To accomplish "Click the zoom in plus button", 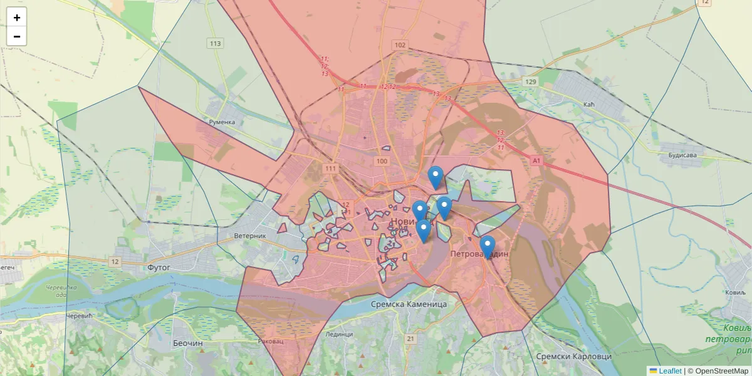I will (x=17, y=18).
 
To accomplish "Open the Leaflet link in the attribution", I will (x=670, y=371).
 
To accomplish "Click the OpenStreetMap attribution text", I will (x=722, y=371).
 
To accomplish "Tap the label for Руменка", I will (x=221, y=122).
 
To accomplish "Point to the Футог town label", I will (x=159, y=267).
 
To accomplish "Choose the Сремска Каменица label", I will (x=409, y=304).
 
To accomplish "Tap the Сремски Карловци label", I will (x=573, y=356).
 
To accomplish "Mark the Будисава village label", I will (x=682, y=155).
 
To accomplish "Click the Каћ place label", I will (x=588, y=103).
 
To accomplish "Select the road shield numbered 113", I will (x=216, y=43).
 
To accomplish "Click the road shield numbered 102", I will (x=400, y=45).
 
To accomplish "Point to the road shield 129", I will (x=531, y=82).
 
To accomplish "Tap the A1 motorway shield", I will (x=536, y=161).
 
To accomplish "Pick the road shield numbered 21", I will (x=410, y=339).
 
